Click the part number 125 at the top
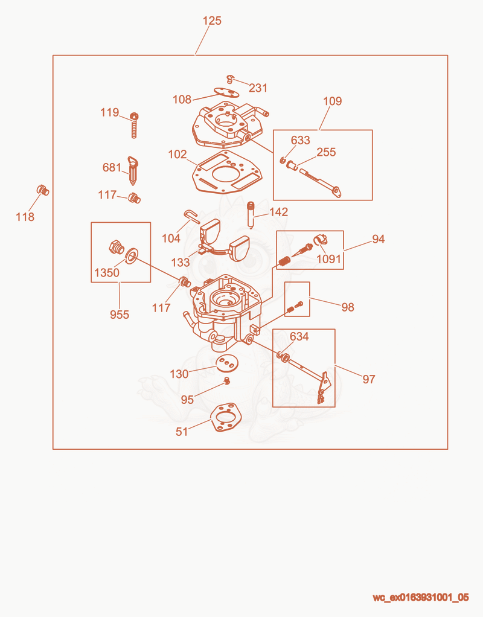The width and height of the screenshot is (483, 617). click(x=212, y=21)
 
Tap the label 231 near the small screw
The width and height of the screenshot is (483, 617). click(x=258, y=88)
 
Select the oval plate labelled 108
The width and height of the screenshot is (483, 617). click(x=226, y=92)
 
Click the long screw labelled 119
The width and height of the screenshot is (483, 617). click(x=134, y=125)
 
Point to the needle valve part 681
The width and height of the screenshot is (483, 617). click(x=133, y=171)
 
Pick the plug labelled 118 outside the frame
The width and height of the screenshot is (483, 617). click(x=43, y=190)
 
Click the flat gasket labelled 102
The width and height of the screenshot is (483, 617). click(x=227, y=171)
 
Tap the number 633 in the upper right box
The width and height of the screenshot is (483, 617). click(x=300, y=140)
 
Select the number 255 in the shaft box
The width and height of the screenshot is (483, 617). click(x=326, y=152)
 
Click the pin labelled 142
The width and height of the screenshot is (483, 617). click(x=251, y=214)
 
